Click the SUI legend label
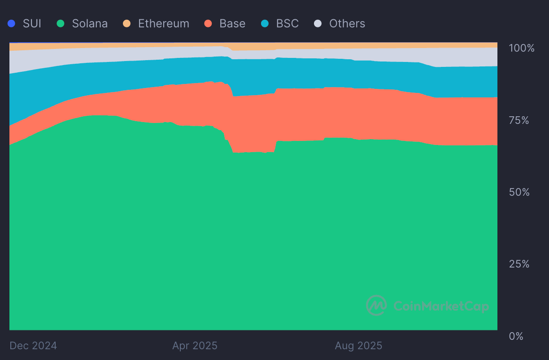coord(32,23)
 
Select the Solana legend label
coord(90,23)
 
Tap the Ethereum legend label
coord(163,23)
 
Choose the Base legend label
coord(232,23)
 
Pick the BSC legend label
coord(287,23)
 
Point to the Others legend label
coord(347,23)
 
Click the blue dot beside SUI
coord(12,23)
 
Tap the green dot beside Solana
coord(61,23)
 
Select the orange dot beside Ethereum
coord(127,23)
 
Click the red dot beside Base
coord(208,23)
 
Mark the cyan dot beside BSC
coord(265,23)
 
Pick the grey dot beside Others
coord(318,23)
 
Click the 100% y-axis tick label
coord(522,48)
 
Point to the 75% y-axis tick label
coord(519,120)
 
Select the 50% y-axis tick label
coord(519,192)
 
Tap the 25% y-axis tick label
coord(519,264)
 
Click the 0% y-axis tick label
coord(516,336)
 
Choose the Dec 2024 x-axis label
coord(33,346)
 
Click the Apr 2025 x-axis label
coord(195,346)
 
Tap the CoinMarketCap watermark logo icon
coord(376,306)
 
